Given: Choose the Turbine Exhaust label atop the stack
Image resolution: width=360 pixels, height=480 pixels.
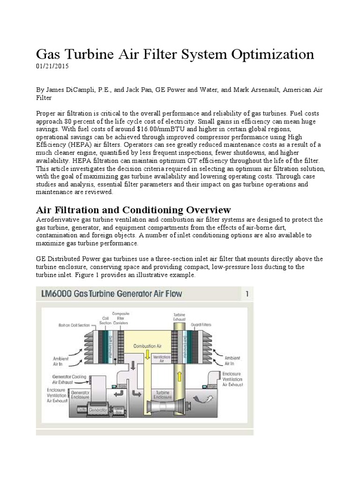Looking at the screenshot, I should [x=180, y=316].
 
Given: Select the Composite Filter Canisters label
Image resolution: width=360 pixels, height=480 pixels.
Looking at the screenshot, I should [x=120, y=318].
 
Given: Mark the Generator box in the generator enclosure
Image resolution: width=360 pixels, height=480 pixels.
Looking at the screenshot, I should [x=90, y=409].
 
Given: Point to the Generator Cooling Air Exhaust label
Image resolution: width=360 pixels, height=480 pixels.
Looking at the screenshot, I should [x=66, y=379].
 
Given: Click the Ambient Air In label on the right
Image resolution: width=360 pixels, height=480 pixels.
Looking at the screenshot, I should [x=233, y=360].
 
